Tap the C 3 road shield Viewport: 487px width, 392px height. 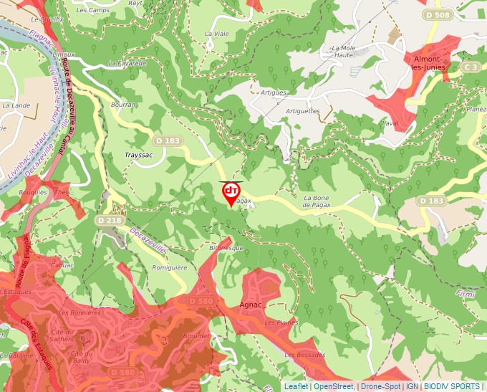pos(470,67)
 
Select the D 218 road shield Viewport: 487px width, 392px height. pos(108,221)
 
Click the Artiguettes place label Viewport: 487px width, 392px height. pos(302,111)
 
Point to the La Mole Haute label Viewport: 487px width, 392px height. pos(339,52)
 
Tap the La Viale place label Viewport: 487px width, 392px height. pos(215,34)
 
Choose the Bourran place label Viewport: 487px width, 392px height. pos(123,105)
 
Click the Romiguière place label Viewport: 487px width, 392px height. pos(170,267)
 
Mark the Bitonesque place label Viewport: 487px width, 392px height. pos(226,248)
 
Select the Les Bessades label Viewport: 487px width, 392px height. pos(304,355)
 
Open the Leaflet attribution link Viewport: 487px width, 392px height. pos(296,386)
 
